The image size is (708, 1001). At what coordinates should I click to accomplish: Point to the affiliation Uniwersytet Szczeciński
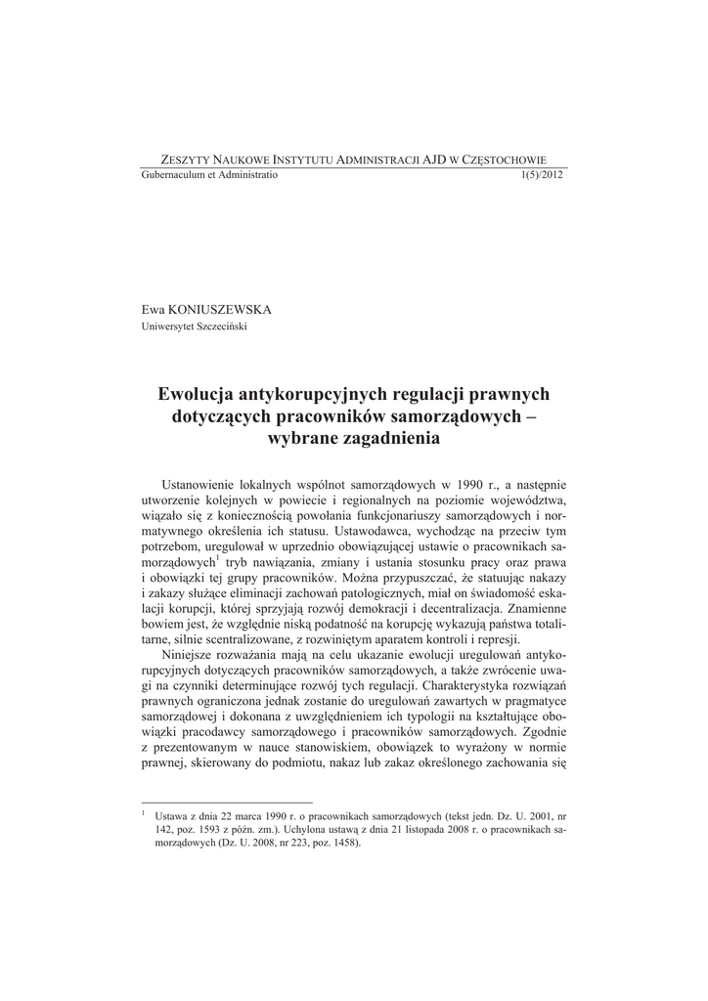click(195, 326)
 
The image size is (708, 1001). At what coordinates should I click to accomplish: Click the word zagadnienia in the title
click(394, 439)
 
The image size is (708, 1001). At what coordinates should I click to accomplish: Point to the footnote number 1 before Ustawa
click(145, 812)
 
